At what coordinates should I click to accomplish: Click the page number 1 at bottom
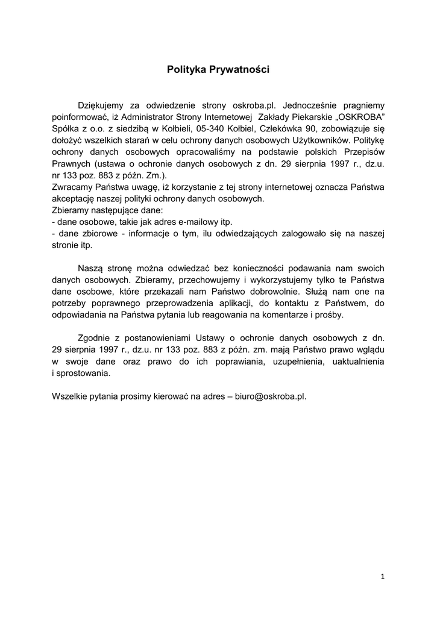(x=382, y=577)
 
